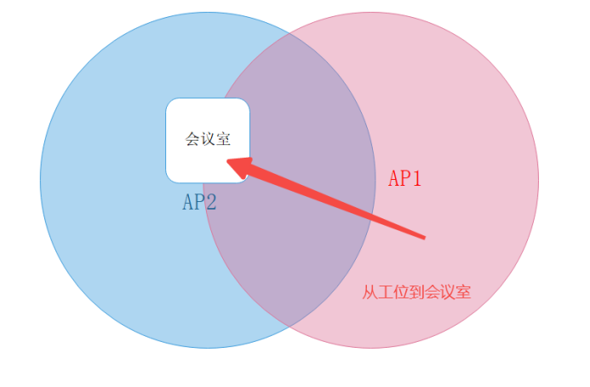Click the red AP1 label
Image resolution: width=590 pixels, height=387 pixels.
click(x=405, y=178)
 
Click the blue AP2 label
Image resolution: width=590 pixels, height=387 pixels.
click(x=199, y=202)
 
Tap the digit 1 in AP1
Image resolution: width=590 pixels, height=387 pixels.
click(x=416, y=178)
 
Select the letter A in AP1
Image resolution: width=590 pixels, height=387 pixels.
click(x=394, y=178)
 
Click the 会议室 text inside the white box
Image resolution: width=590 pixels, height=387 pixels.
click(x=207, y=139)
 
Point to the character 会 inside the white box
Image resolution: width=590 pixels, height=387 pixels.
click(x=192, y=139)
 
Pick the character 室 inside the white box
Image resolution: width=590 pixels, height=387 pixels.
click(x=222, y=139)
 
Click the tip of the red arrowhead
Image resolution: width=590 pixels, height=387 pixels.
click(x=228, y=161)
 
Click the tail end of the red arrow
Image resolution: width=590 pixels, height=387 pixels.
click(x=423, y=237)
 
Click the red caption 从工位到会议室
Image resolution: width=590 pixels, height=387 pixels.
click(x=416, y=292)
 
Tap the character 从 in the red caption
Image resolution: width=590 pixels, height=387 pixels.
click(x=369, y=292)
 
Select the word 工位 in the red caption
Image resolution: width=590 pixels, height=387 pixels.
click(x=392, y=292)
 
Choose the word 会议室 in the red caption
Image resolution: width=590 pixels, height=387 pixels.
click(x=448, y=292)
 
